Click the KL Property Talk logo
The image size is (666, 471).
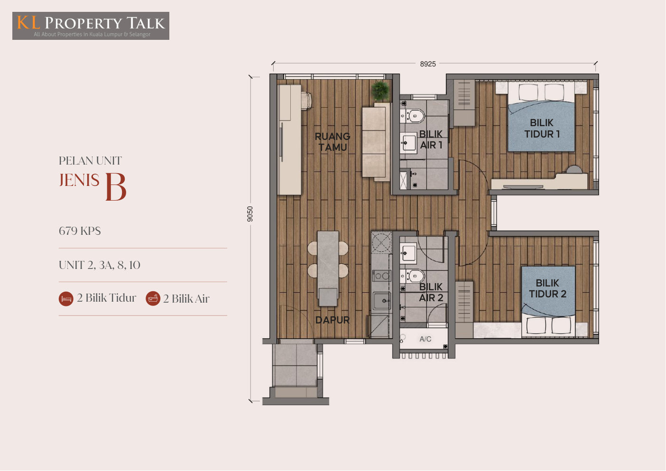click(x=91, y=26)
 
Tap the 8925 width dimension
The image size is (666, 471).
click(x=427, y=64)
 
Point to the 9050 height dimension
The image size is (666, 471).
click(x=250, y=214)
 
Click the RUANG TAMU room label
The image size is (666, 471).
click(x=333, y=142)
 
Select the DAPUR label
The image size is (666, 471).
click(x=333, y=320)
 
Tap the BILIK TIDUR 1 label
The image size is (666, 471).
click(x=542, y=129)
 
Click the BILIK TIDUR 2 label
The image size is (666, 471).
click(x=547, y=288)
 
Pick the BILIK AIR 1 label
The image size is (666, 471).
click(x=431, y=139)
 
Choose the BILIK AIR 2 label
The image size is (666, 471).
click(x=431, y=292)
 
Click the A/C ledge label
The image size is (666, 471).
click(x=425, y=339)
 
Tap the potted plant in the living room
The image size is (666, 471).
click(x=380, y=91)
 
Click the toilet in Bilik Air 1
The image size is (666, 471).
click(x=414, y=116)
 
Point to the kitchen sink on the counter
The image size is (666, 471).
click(x=381, y=301)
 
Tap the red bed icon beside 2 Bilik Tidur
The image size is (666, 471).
click(x=66, y=299)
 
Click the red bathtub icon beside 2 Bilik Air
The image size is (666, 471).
click(x=153, y=298)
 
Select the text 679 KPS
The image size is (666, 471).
click(x=80, y=231)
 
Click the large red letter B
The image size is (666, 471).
click(x=116, y=187)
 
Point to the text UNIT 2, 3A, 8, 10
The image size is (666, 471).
click(x=99, y=265)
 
